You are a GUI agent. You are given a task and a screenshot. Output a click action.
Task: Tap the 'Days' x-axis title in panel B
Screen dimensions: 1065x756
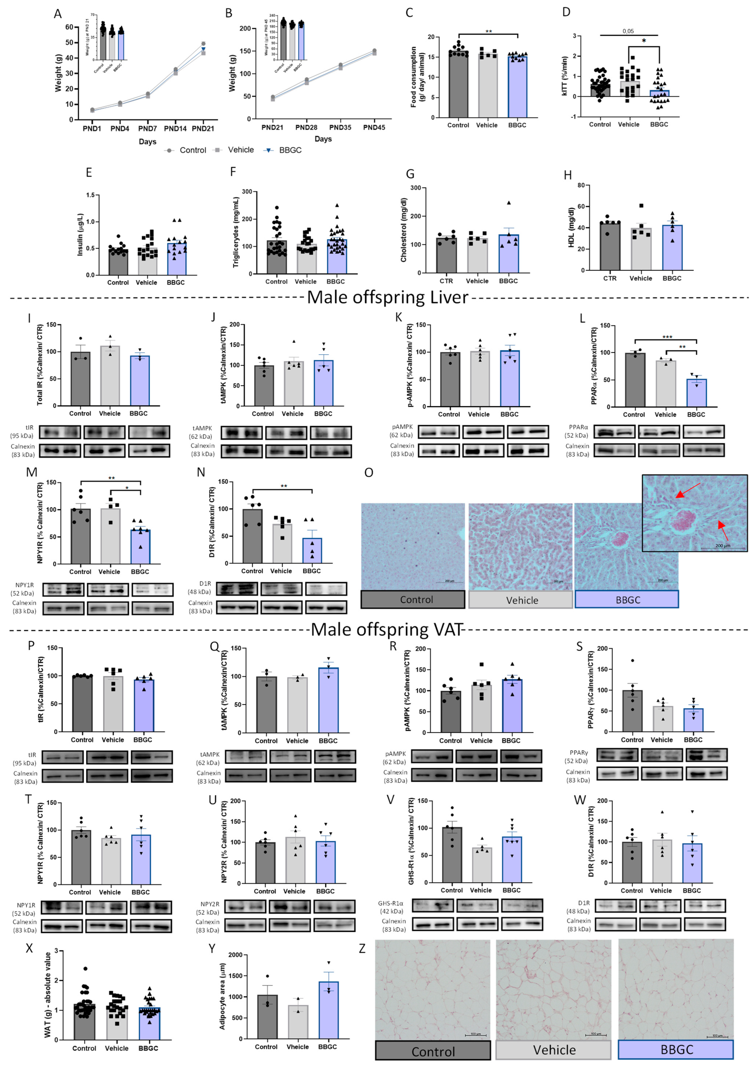[323, 139]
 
